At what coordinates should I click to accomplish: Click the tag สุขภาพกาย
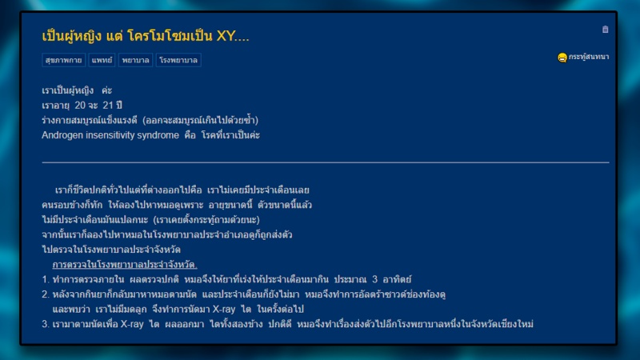63,60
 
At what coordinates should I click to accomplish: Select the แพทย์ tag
102,60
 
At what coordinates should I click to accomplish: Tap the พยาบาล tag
135,60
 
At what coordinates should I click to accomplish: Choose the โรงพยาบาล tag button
178,60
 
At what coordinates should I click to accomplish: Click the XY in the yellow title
226,36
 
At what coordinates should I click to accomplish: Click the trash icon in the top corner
606,30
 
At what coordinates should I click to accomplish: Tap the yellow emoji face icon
562,58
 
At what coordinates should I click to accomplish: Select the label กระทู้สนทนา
589,57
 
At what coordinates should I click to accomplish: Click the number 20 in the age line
80,106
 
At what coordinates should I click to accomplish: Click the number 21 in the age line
108,106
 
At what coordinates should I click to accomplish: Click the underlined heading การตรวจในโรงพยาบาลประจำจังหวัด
125,265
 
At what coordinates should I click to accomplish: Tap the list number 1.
45,279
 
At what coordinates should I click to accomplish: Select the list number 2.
45,294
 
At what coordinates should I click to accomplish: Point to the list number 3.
45,324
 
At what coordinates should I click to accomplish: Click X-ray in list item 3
132,324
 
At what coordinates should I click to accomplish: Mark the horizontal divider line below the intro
326,162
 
